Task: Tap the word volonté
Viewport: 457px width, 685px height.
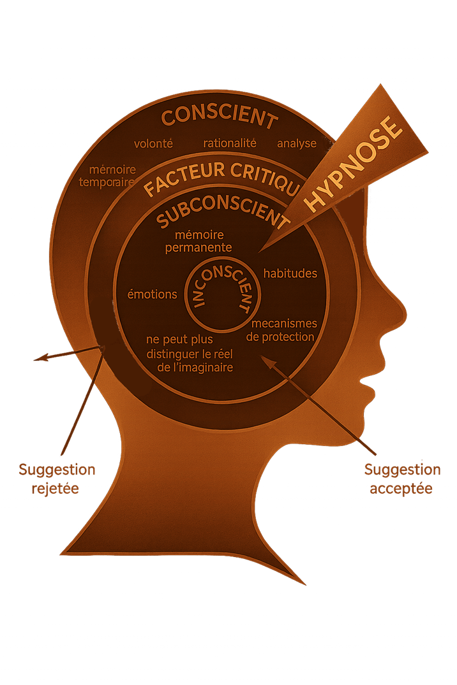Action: (x=153, y=143)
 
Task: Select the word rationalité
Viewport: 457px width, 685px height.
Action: (x=230, y=143)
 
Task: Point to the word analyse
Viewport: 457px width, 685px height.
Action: (x=297, y=143)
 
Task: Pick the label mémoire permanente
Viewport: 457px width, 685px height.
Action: (x=198, y=242)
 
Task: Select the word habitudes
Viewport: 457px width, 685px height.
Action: (x=290, y=273)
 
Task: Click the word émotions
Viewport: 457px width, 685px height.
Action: (x=153, y=294)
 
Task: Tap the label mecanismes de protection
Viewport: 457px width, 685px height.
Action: (x=281, y=330)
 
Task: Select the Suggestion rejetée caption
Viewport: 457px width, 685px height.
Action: (x=57, y=480)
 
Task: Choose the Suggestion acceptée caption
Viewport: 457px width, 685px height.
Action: (x=402, y=480)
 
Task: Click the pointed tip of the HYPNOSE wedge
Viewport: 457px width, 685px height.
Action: (x=260, y=250)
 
